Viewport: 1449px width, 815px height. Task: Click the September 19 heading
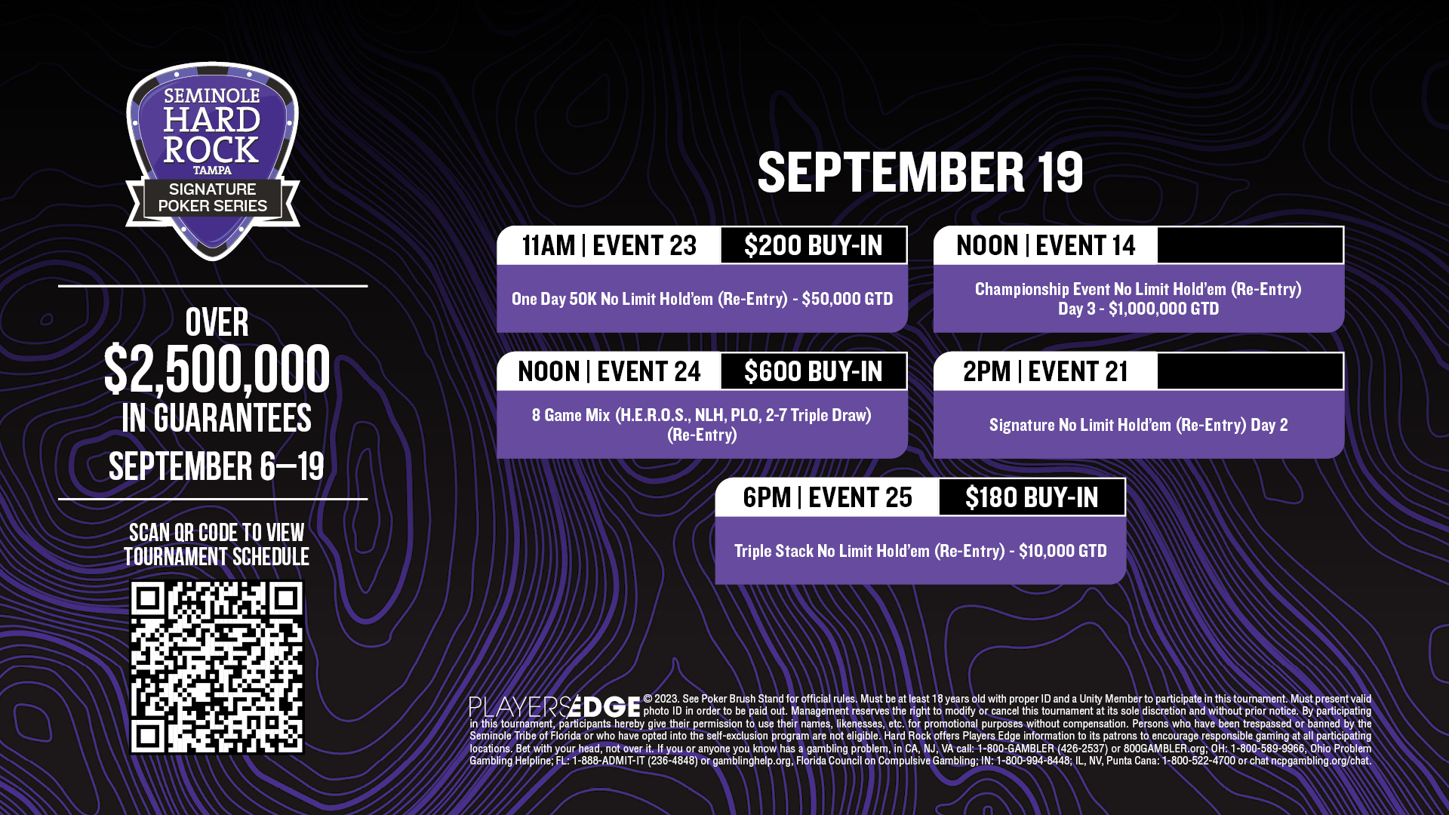[920, 172]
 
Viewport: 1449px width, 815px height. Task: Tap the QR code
[217, 667]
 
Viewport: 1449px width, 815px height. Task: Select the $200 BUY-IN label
[814, 245]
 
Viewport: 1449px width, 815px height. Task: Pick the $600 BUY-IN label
[814, 371]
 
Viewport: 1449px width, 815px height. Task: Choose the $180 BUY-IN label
[1032, 497]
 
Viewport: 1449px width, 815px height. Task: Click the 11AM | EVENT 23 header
[609, 245]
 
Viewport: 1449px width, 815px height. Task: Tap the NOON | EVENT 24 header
[609, 371]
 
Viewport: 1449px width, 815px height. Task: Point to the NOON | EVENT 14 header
[1046, 245]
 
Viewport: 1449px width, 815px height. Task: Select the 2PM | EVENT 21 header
[1046, 371]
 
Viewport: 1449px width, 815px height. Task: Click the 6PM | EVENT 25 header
[827, 497]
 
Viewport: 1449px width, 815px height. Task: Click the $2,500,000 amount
[217, 369]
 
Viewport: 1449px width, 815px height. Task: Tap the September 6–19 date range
[217, 466]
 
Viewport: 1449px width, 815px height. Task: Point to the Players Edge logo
[555, 707]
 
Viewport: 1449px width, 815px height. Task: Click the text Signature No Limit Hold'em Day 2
[1138, 425]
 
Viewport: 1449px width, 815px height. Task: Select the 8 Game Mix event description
[702, 425]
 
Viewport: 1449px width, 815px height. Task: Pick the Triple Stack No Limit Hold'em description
[920, 551]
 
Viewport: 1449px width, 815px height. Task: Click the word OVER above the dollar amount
[217, 322]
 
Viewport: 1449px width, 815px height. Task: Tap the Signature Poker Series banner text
[212, 198]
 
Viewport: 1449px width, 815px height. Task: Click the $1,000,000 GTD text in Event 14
[1164, 309]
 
